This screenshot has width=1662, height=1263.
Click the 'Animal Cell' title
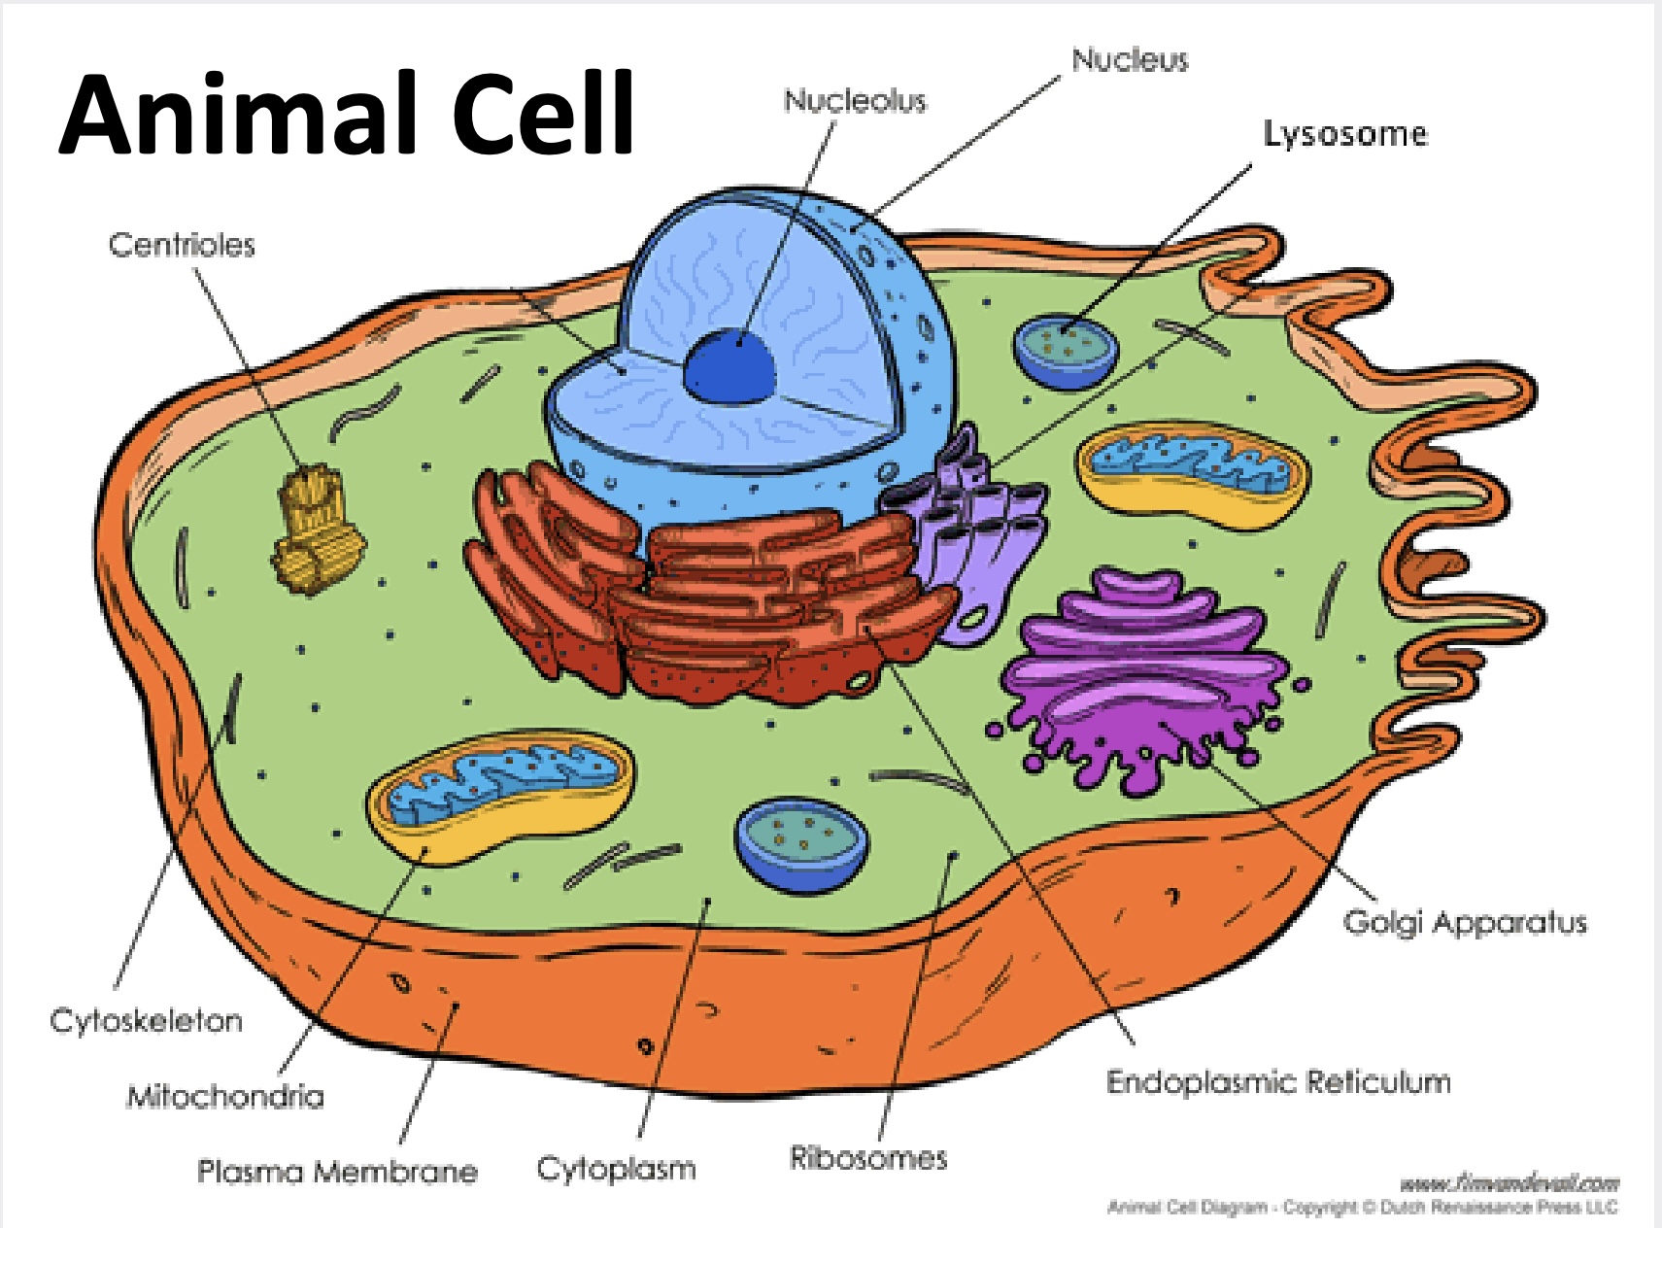347,114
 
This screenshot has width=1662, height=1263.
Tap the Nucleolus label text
855,100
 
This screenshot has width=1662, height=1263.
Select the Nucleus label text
1130,60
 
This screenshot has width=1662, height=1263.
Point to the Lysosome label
1345,134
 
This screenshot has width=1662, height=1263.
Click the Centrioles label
182,245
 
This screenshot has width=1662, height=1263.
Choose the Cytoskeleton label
146,1021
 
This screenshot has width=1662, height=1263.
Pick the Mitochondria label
225,1097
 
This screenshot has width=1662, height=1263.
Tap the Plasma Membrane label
337,1172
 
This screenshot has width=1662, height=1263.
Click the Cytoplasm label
616,1168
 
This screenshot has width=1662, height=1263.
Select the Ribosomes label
867,1158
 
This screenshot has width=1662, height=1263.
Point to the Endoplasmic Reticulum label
1278,1082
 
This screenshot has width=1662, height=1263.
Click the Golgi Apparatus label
1465,922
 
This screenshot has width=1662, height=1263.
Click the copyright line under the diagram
1362,1208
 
